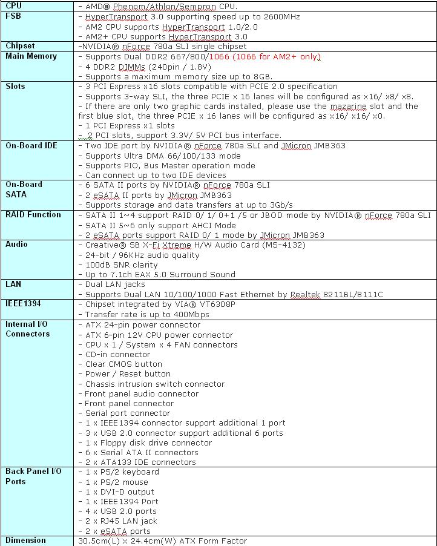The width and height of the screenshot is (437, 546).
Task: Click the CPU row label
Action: pyautogui.click(x=13, y=5)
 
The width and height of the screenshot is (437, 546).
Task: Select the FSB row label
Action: pyautogui.click(x=13, y=16)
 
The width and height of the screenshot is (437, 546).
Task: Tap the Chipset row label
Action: pyautogui.click(x=20, y=46)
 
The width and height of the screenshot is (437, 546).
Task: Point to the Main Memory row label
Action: pyautogui.click(x=31, y=56)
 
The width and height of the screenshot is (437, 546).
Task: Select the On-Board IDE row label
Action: pyautogui.click(x=31, y=146)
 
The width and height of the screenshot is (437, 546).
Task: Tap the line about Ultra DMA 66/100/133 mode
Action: pyautogui.click(x=151, y=156)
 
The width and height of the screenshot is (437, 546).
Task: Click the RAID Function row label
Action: pyautogui.click(x=33, y=215)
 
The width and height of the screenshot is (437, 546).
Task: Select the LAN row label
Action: pyautogui.click(x=13, y=284)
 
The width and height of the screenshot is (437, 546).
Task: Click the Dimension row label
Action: pyautogui.click(x=25, y=541)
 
